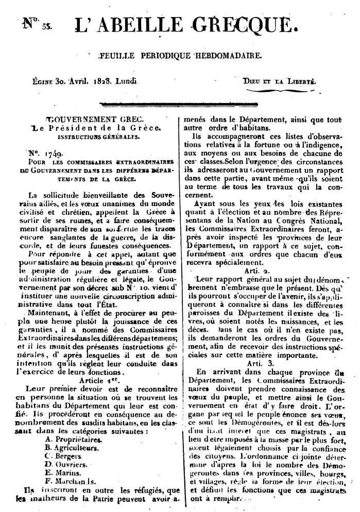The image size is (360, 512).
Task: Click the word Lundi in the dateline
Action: click(x=129, y=81)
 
